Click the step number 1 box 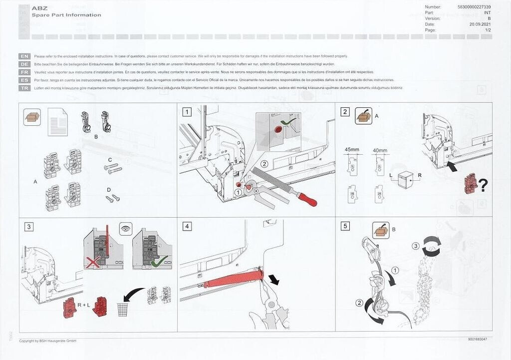187,112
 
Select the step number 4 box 187,226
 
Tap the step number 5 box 345,226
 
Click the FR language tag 24,72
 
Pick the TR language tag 24,88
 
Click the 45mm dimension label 352,150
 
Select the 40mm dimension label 380,150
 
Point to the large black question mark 483,185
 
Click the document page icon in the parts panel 57,122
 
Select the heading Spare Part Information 66,15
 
